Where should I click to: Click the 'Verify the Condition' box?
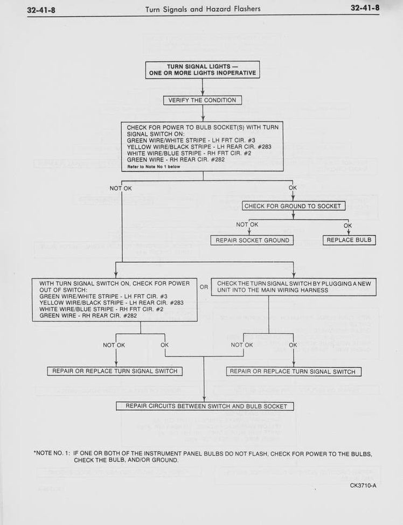pyautogui.click(x=203, y=100)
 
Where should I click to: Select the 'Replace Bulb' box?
pyautogui.click(x=349, y=240)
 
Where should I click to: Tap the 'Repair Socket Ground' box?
pyautogui.click(x=252, y=240)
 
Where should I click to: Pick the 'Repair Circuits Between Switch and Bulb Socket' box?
pyautogui.click(x=205, y=406)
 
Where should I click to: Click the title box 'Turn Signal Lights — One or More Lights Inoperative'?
pyautogui.click(x=203, y=69)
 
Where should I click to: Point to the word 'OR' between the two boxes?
pyautogui.click(x=204, y=287)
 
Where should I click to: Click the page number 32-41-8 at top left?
pyautogui.click(x=41, y=10)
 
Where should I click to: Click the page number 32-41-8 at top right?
pyautogui.click(x=365, y=8)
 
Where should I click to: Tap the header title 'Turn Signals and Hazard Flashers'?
pyautogui.click(x=203, y=9)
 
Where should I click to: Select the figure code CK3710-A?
pyautogui.click(x=363, y=486)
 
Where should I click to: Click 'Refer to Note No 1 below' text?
pyautogui.click(x=154, y=166)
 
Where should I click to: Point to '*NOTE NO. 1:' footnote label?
pyautogui.click(x=52, y=453)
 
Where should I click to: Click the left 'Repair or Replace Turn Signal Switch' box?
pyautogui.click(x=115, y=372)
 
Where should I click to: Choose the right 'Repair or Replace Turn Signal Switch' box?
pyautogui.click(x=294, y=372)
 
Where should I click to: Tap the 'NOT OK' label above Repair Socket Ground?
pyautogui.click(x=247, y=225)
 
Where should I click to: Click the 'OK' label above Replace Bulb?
pyautogui.click(x=348, y=226)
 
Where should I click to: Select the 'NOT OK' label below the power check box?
pyautogui.click(x=121, y=188)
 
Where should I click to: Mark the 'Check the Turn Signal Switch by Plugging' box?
pyautogui.click(x=294, y=287)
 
